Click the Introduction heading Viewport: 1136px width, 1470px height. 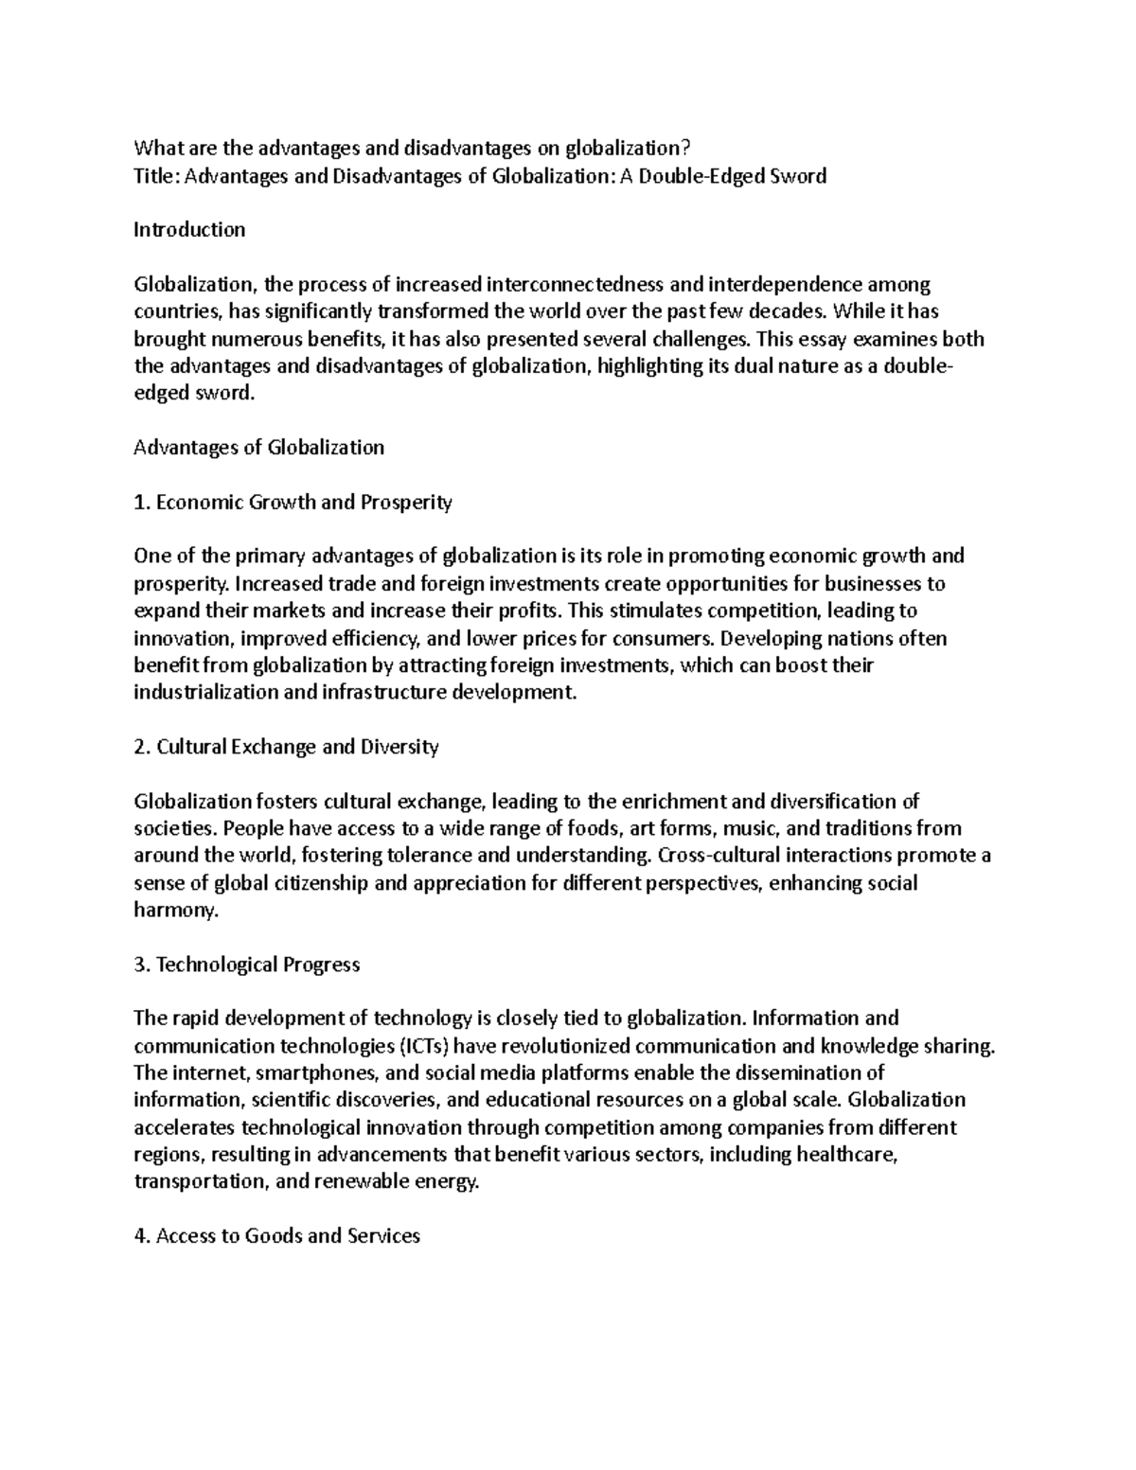pos(189,230)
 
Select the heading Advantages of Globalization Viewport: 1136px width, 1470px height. pos(259,448)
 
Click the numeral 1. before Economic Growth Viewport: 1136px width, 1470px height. pos(143,503)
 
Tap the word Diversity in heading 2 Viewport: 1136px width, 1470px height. pos(399,747)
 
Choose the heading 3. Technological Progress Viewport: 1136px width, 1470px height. pos(247,965)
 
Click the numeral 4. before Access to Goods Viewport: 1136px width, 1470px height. pos(143,1236)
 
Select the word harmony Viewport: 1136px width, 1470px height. pos(176,911)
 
